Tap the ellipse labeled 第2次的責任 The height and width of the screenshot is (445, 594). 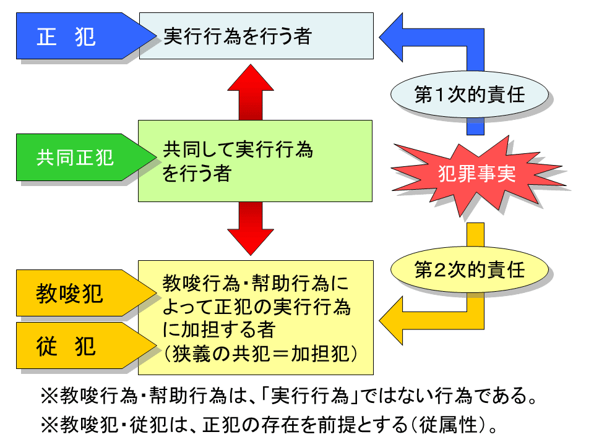pos(470,271)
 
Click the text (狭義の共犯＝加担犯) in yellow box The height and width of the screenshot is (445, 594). pos(260,354)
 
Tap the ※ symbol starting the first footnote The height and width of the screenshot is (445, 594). pos(49,394)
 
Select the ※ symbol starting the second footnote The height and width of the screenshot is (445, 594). pos(49,426)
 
